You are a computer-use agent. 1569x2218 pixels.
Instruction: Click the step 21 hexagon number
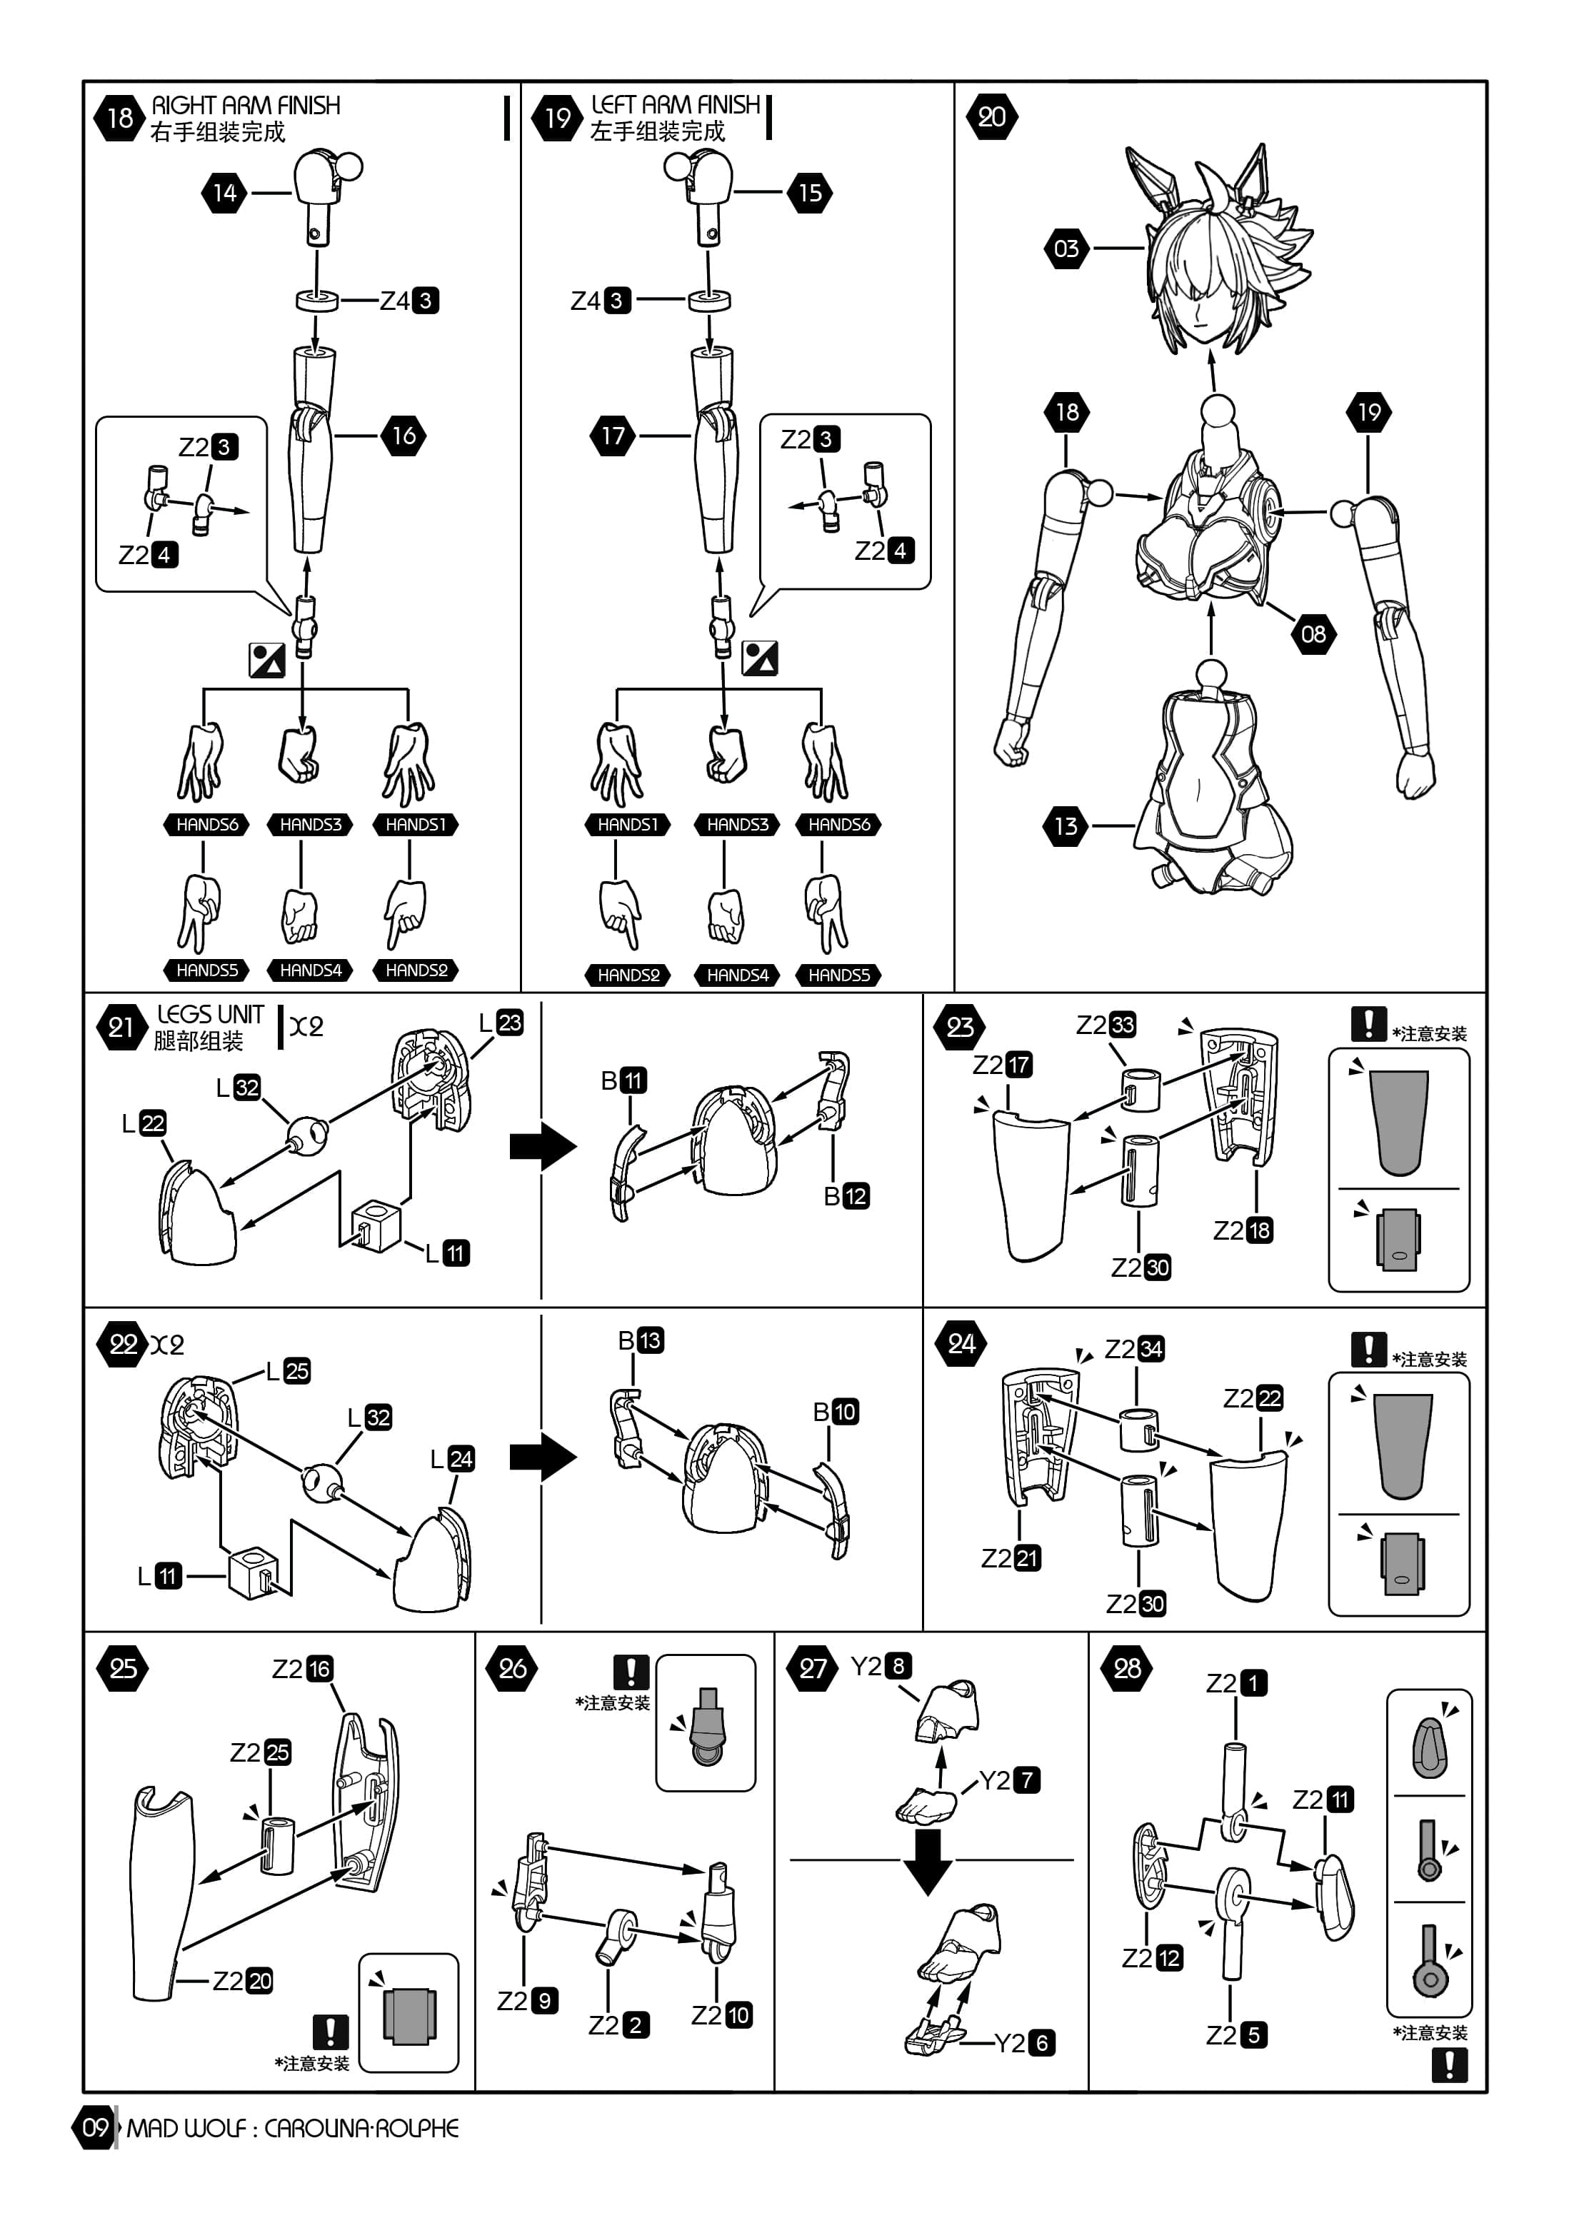coord(121,1027)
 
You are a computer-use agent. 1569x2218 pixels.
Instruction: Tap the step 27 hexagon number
coord(813,1668)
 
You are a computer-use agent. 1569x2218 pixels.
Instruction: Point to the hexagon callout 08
coord(1313,635)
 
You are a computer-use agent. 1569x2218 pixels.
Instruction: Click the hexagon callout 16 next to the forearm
coord(403,436)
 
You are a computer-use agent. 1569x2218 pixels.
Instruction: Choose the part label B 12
coord(846,1196)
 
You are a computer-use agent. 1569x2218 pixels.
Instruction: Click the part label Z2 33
coord(1106,1024)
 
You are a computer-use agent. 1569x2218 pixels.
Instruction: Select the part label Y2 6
coord(1025,2042)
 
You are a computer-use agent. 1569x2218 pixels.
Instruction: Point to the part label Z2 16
coord(302,1668)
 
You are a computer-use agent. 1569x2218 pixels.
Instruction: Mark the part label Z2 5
coord(1237,2035)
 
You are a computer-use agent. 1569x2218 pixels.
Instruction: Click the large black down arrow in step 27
coord(928,1860)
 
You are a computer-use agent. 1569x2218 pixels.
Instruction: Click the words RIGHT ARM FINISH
coord(246,105)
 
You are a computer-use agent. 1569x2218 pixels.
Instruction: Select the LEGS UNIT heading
coord(211,1014)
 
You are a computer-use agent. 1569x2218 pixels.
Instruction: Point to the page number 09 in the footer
coord(95,2127)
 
